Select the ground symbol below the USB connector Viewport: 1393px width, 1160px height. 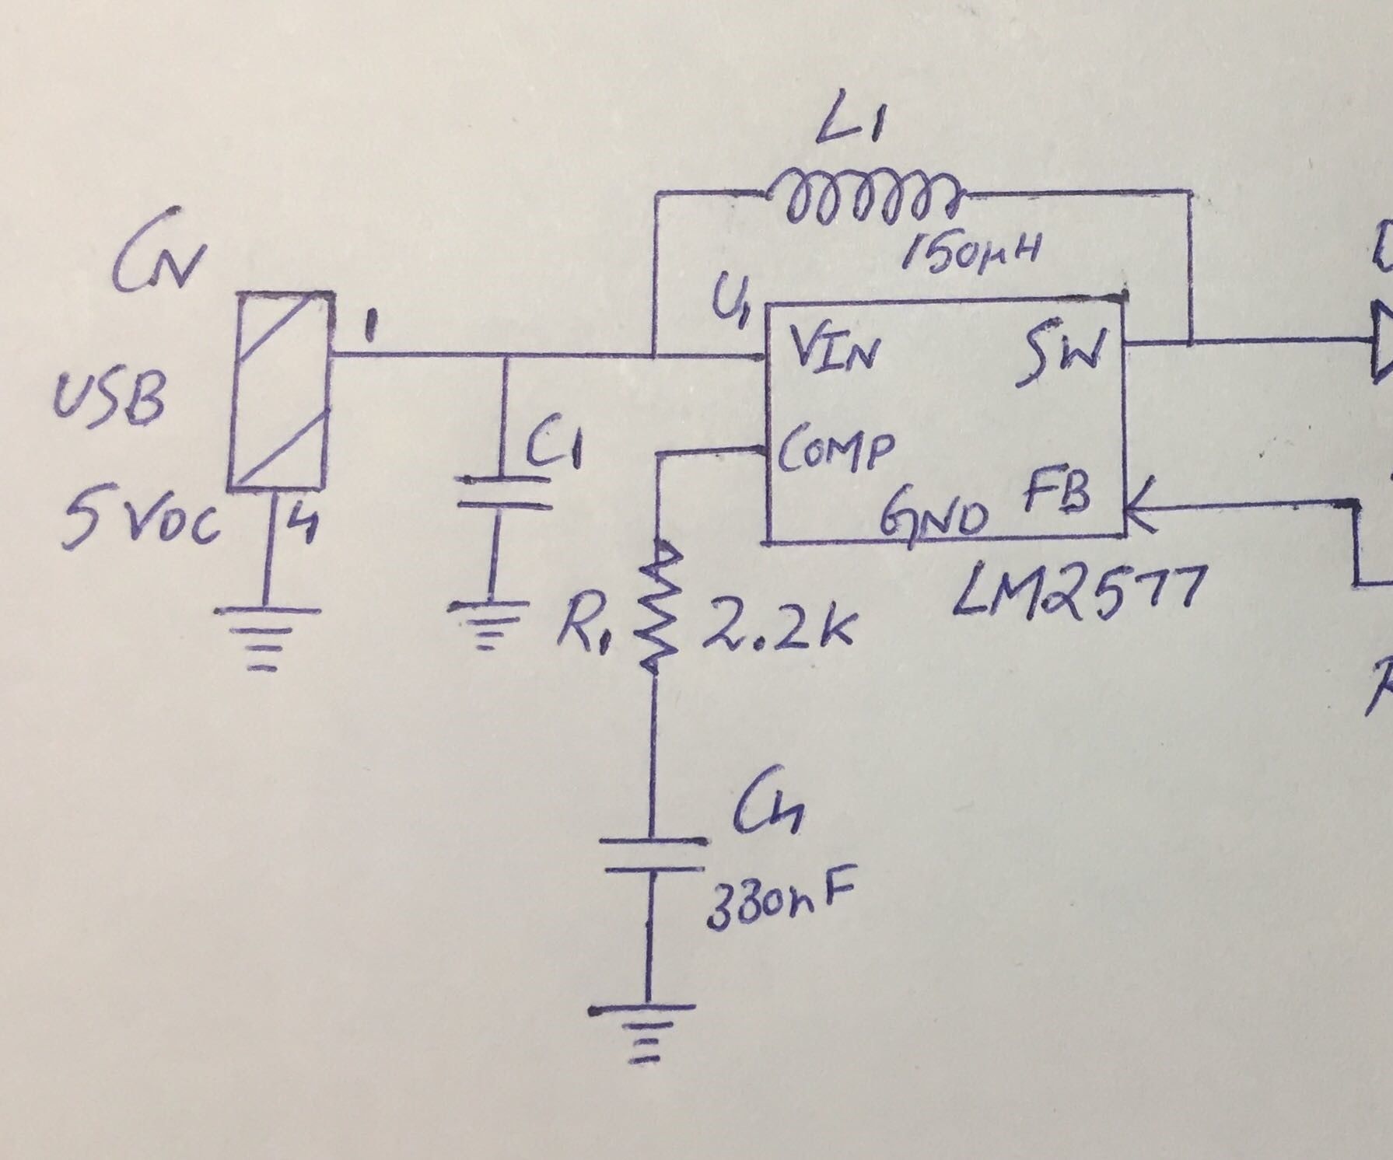point(266,634)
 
